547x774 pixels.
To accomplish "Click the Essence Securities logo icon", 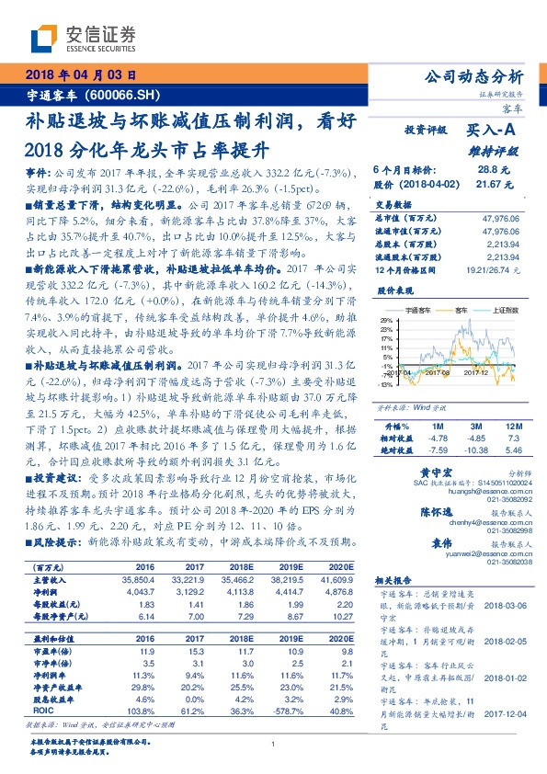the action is pyautogui.click(x=44, y=37).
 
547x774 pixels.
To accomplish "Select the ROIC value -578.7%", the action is pyautogui.click(x=282, y=685).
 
